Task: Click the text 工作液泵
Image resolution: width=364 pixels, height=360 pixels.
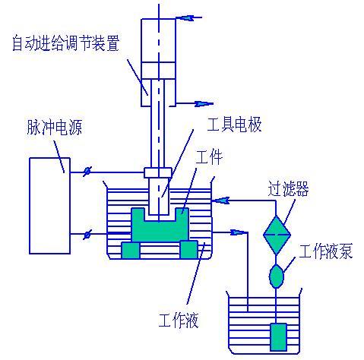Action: [x=325, y=252]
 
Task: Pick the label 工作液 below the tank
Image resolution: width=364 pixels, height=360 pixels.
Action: [x=179, y=320]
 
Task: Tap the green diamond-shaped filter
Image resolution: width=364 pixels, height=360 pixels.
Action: [x=277, y=235]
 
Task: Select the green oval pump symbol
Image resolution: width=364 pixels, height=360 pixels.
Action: [x=277, y=275]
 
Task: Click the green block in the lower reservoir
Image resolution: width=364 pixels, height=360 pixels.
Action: [x=279, y=336]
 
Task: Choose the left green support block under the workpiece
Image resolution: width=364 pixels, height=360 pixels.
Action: [x=131, y=249]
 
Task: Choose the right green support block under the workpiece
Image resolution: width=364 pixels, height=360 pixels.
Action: [x=188, y=249]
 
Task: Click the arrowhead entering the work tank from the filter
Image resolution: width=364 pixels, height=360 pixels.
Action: [x=221, y=201]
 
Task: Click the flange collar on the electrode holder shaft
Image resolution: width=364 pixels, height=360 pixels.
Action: [x=157, y=172]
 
